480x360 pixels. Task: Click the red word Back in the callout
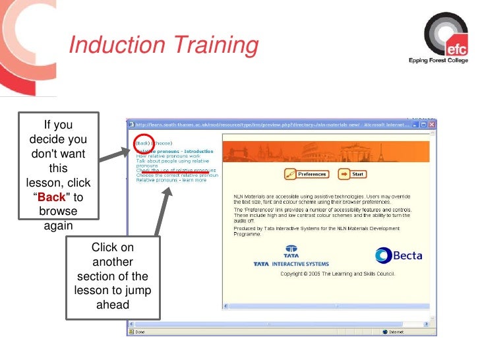[x=51, y=196]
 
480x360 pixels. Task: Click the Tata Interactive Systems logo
[x=291, y=257]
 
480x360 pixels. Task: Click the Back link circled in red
[x=142, y=142]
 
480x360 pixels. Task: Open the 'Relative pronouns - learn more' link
[x=171, y=180]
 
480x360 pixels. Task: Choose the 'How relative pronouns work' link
[x=168, y=156]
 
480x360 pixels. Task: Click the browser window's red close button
[x=432, y=124]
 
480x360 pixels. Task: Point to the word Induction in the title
[x=117, y=45]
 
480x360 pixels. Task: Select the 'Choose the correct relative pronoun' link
[x=177, y=175]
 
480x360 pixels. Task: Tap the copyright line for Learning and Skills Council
[x=337, y=273]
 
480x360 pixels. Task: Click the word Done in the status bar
[x=140, y=332]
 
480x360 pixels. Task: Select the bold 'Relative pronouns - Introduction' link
[x=174, y=151]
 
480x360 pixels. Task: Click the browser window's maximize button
[x=423, y=124]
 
